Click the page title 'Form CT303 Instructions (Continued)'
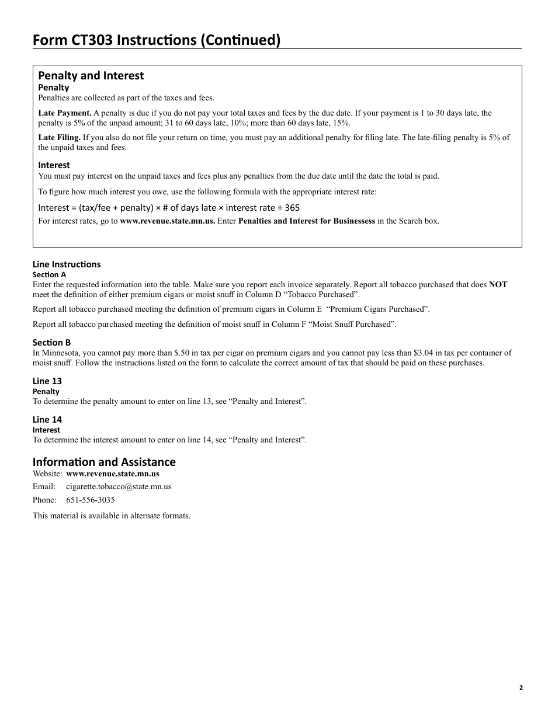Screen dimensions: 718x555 pyautogui.click(x=157, y=40)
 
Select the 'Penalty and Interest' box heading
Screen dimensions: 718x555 pyautogui.click(x=91, y=75)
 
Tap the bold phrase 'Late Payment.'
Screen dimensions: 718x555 pyautogui.click(x=65, y=113)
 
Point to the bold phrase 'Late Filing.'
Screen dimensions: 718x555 pyautogui.click(x=60, y=138)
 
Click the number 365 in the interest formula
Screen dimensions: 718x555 pyautogui.click(x=293, y=208)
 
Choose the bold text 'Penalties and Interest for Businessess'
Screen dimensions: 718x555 pyautogui.click(x=307, y=221)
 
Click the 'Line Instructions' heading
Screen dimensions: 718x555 pyautogui.click(x=67, y=264)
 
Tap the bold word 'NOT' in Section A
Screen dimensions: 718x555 pyautogui.click(x=498, y=285)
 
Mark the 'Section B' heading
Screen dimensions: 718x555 pyautogui.click(x=51, y=343)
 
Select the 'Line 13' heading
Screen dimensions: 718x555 pyautogui.click(x=47, y=381)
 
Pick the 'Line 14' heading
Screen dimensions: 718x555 pyautogui.click(x=47, y=420)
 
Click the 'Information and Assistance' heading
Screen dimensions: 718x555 pyautogui.click(x=104, y=462)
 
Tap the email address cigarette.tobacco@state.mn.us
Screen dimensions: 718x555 pyautogui.click(x=119, y=487)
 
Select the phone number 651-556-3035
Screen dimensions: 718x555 pyautogui.click(x=91, y=500)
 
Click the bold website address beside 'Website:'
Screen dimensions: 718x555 pyautogui.click(x=113, y=474)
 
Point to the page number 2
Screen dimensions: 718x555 pyautogui.click(x=521, y=688)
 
